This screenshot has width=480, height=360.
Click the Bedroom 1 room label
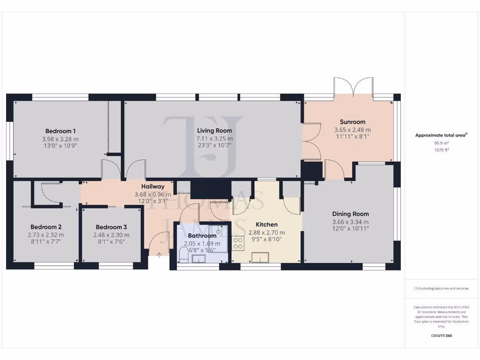coord(60,131)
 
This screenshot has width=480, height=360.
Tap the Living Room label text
coord(214,131)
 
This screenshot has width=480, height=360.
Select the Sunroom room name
coord(352,122)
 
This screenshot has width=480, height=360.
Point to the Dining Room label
coord(350,214)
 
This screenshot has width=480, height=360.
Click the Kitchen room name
coord(266,225)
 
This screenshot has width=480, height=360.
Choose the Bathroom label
coord(202,236)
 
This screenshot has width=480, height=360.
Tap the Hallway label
coord(153,187)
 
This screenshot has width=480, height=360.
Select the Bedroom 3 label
coord(112,227)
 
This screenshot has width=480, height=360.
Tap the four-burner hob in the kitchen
coord(238,243)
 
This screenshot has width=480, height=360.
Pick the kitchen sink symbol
coord(259,256)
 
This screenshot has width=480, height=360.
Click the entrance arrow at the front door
coord(159,255)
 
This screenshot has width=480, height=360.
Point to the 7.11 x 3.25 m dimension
coord(214,139)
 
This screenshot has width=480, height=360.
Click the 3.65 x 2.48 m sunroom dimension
coord(352,130)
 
